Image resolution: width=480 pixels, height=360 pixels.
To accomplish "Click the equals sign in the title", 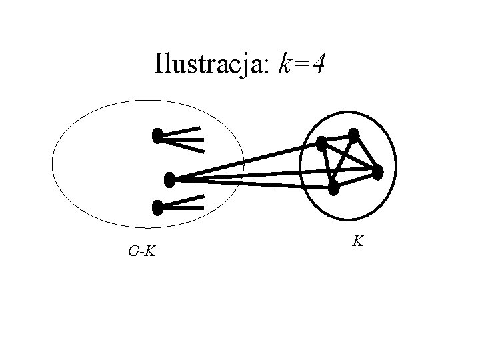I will tap(303, 65).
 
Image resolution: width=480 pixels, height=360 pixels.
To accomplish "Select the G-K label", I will tap(141, 251).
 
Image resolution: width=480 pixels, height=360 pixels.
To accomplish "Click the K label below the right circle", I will tap(358, 241).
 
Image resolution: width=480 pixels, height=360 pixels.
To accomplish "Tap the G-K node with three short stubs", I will tap(157, 137).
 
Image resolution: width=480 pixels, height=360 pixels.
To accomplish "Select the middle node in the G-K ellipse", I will tap(169, 179).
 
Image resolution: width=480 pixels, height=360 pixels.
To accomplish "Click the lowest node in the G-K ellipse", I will tap(157, 208).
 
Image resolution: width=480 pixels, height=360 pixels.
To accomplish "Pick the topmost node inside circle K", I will tap(354, 135).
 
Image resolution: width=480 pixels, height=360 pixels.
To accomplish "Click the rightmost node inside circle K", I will tap(377, 172).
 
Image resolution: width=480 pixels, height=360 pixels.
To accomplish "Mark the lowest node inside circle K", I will tap(333, 188).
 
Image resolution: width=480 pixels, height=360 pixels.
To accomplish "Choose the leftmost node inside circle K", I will tap(322, 143).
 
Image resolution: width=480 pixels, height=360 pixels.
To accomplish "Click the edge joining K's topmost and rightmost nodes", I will tap(365, 153).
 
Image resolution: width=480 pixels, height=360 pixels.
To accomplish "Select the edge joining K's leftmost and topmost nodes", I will tap(338, 139).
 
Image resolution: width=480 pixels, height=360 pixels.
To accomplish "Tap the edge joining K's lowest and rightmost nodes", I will tap(355, 180).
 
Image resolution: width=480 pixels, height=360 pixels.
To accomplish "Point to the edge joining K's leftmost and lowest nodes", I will tap(327, 165).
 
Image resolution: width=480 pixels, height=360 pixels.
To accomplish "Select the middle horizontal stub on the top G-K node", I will tap(183, 141).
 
